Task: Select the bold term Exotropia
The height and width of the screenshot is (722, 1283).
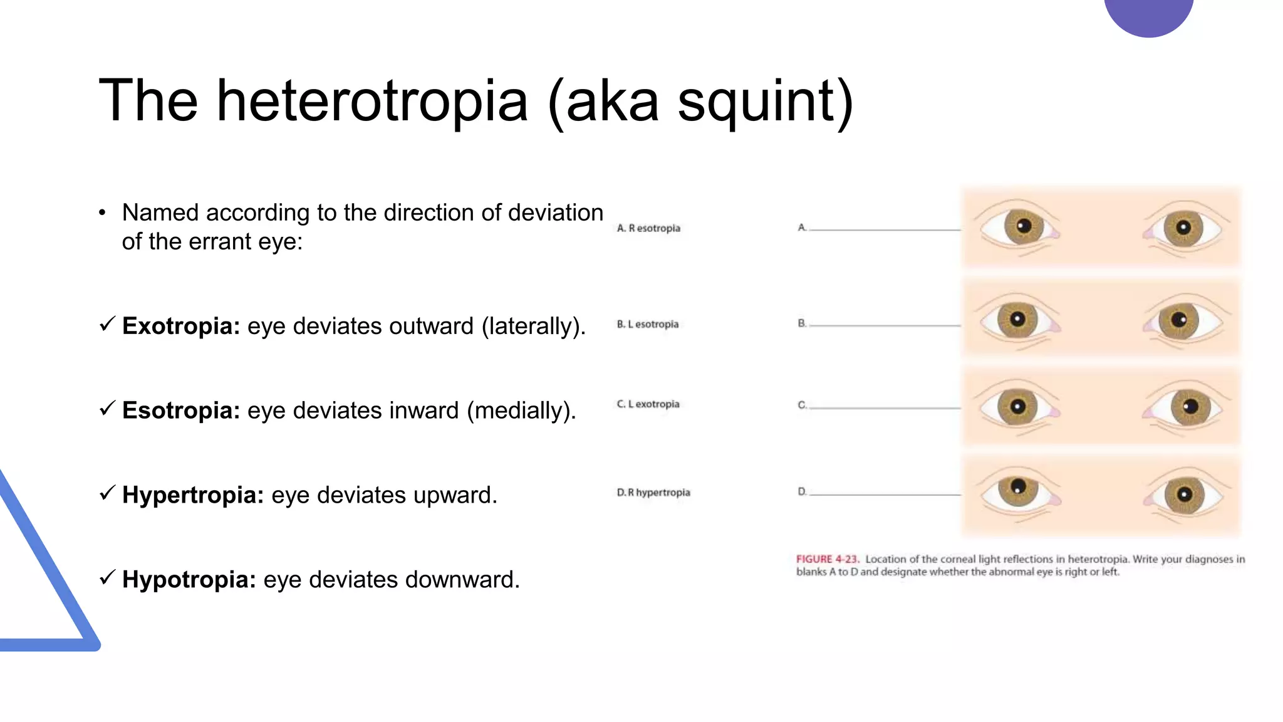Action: pyautogui.click(x=181, y=326)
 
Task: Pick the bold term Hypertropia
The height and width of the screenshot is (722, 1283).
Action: pyautogui.click(x=193, y=495)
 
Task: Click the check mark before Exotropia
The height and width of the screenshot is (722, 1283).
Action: pyautogui.click(x=107, y=324)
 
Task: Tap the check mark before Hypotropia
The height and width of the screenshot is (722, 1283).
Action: pyautogui.click(x=107, y=577)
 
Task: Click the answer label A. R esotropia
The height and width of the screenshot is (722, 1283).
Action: pyautogui.click(x=648, y=228)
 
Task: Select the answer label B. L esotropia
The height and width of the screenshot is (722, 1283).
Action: pyautogui.click(x=648, y=324)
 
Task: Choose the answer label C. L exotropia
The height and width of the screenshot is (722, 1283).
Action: pyautogui.click(x=648, y=404)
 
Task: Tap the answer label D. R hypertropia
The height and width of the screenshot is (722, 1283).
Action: pyautogui.click(x=653, y=493)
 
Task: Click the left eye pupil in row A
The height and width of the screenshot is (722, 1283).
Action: pyautogui.click(x=1023, y=226)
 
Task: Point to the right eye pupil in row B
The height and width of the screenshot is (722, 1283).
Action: pyautogui.click(x=1178, y=320)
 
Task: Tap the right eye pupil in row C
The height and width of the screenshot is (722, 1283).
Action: pyautogui.click(x=1189, y=406)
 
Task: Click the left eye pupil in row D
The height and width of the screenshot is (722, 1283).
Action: pyautogui.click(x=1018, y=486)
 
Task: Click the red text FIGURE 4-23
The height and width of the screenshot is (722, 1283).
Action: pyautogui.click(x=827, y=559)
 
